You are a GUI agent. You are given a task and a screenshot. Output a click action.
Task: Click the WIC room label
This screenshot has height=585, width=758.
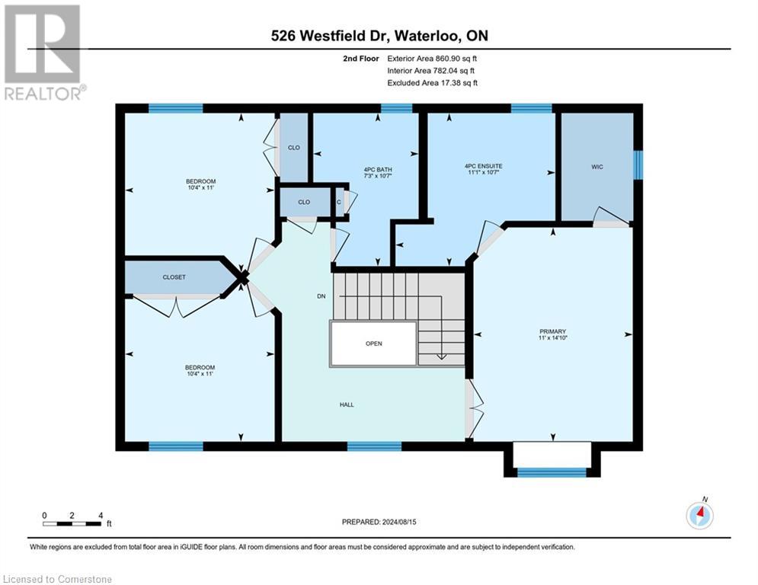pyautogui.click(x=596, y=167)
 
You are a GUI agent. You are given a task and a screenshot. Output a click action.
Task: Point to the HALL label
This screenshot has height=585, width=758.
pyautogui.click(x=347, y=404)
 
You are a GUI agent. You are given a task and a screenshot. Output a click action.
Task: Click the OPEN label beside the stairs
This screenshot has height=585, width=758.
pyautogui.click(x=373, y=344)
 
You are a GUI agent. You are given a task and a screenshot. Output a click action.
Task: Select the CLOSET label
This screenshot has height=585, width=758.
pyautogui.click(x=174, y=277)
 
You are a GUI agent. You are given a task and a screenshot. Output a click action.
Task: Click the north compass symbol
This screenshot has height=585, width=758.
pyautogui.click(x=699, y=515)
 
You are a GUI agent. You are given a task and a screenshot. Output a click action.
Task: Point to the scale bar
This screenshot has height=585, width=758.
pyautogui.click(x=72, y=523)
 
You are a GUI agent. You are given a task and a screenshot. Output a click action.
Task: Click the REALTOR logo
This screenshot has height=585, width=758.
pyautogui.click(x=43, y=52)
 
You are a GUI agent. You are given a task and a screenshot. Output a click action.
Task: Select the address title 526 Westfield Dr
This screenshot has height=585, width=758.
pyautogui.click(x=379, y=36)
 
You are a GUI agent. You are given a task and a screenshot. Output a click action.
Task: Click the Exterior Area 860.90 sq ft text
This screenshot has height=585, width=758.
pyautogui.click(x=432, y=58)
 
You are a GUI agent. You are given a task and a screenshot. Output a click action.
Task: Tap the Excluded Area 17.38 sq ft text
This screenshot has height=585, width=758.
pyautogui.click(x=432, y=82)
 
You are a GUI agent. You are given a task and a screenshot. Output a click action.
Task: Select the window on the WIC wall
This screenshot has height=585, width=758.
pyautogui.click(x=638, y=164)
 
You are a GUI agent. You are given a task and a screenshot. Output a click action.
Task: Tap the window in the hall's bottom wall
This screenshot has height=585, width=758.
pyautogui.click(x=374, y=446)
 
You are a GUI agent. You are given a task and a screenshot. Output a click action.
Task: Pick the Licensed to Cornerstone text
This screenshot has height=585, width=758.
pyautogui.click(x=58, y=580)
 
